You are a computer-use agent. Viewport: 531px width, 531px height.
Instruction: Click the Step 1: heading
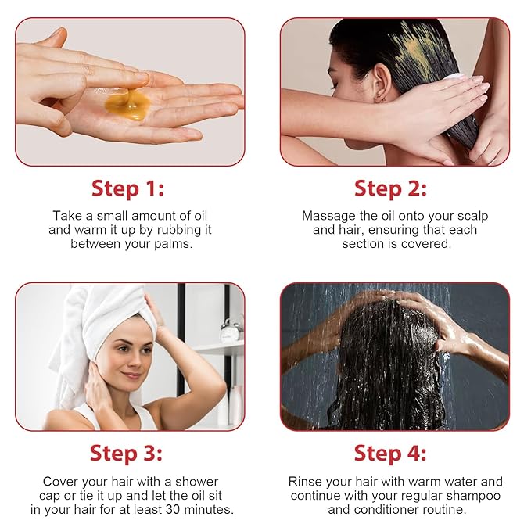point(127,188)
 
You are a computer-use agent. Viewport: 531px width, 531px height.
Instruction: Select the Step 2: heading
point(390,188)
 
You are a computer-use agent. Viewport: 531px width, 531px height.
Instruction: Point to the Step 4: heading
point(390,453)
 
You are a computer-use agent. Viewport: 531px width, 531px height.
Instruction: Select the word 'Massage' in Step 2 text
point(328,215)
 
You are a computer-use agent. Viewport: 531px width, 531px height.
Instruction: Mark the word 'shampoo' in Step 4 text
point(474,496)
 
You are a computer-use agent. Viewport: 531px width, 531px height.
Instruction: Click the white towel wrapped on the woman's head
point(109,309)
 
